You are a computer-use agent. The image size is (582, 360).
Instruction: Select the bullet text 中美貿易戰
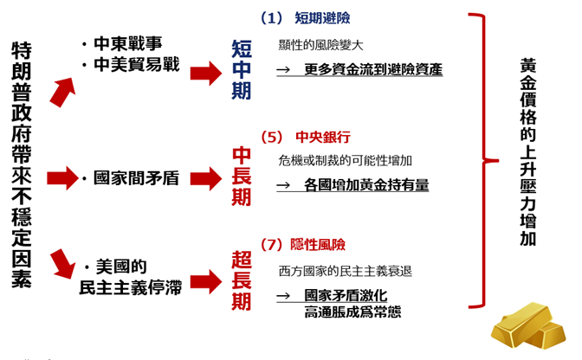(135, 64)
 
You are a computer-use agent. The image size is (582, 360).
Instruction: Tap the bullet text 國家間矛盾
(135, 179)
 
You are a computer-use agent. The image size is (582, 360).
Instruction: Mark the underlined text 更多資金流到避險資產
(372, 69)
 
